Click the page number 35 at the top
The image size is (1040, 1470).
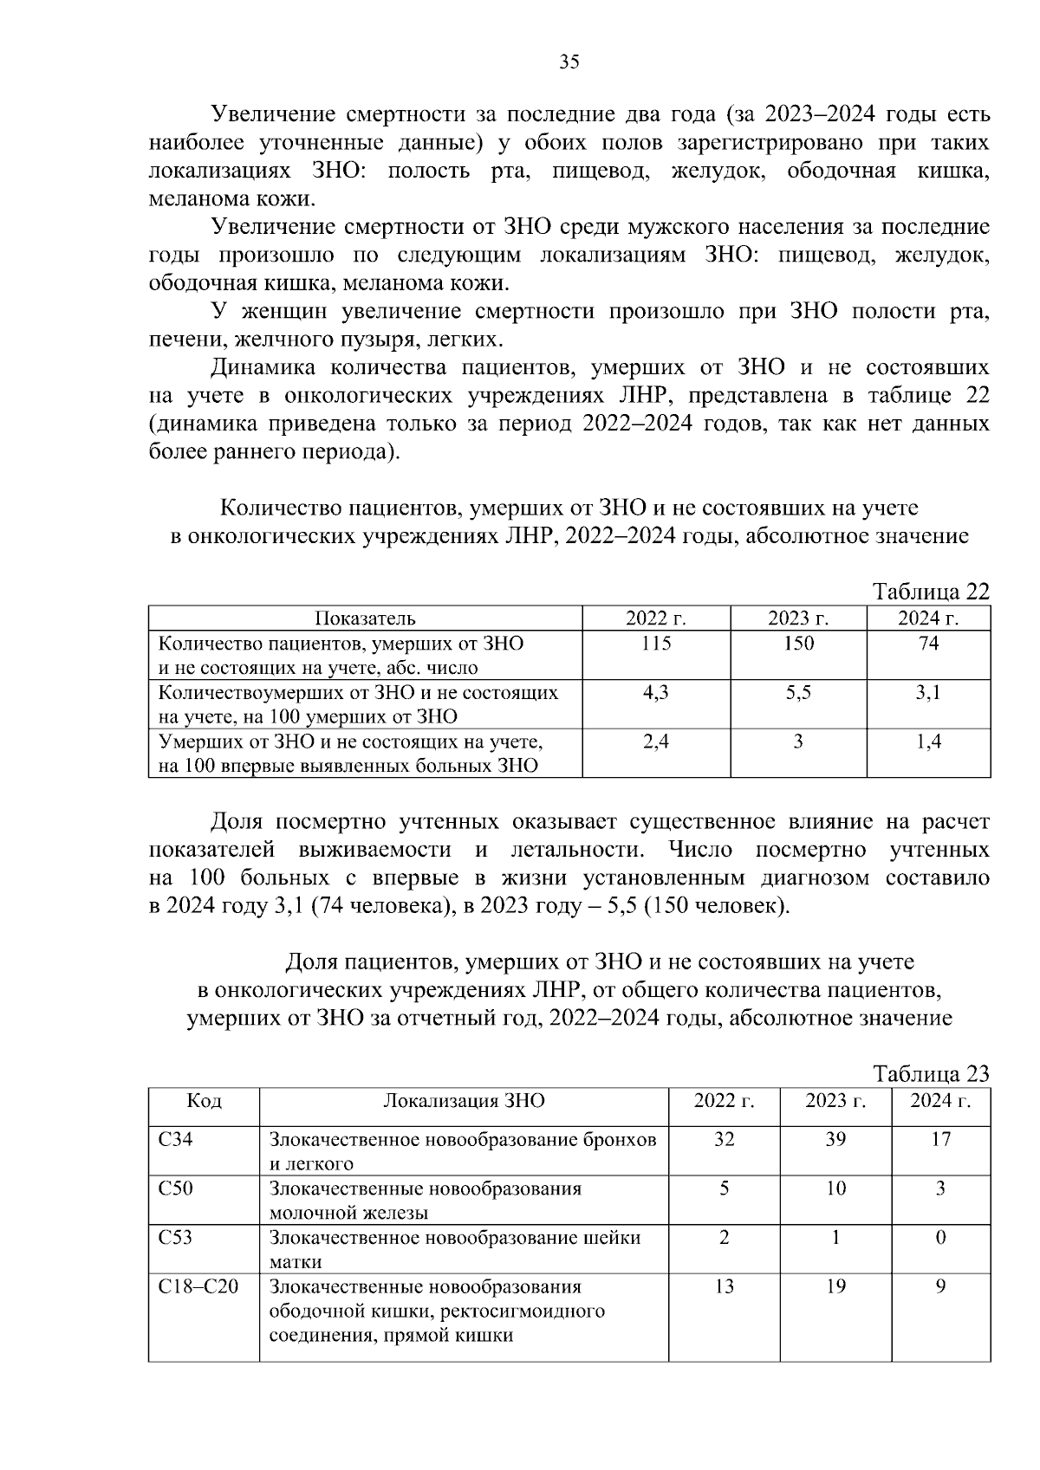click(x=569, y=62)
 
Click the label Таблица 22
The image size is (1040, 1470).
click(x=931, y=592)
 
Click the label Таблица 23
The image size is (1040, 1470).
click(x=931, y=1074)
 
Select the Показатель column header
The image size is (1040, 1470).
click(x=365, y=618)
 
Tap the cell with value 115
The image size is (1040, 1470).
click(x=656, y=644)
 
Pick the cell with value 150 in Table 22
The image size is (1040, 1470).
click(x=797, y=644)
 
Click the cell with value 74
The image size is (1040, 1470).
click(x=928, y=644)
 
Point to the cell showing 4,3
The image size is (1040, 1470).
click(x=656, y=693)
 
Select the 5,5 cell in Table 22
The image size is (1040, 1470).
click(x=797, y=693)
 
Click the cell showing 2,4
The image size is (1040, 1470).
click(x=656, y=741)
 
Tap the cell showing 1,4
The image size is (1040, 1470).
click(x=928, y=741)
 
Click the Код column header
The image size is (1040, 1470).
click(x=204, y=1101)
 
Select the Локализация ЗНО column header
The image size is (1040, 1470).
click(x=464, y=1101)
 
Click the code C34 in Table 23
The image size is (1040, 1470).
click(x=176, y=1139)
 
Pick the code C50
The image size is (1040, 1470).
click(x=176, y=1188)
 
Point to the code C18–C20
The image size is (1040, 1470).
click(x=198, y=1286)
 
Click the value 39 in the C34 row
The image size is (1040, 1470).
click(x=835, y=1139)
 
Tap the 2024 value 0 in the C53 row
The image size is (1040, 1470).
click(x=940, y=1238)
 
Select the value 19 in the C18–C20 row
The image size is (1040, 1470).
click(x=835, y=1286)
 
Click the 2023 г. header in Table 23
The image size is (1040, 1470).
click(x=835, y=1101)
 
